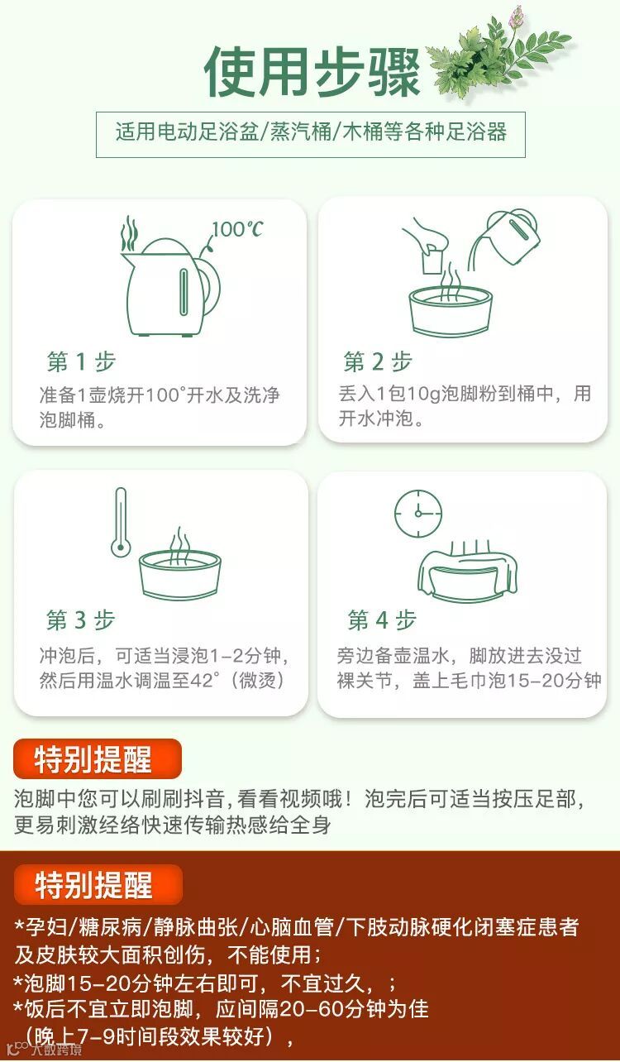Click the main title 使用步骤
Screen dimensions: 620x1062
click(312, 72)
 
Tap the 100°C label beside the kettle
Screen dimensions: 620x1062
click(236, 229)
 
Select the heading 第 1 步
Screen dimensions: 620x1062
click(81, 361)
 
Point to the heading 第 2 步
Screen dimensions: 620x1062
click(378, 361)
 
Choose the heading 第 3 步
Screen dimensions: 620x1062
click(80, 620)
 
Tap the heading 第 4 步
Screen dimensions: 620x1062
click(382, 620)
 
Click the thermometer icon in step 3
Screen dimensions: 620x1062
click(121, 523)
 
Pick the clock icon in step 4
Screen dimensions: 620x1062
click(418, 514)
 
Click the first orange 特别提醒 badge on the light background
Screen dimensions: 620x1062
click(98, 759)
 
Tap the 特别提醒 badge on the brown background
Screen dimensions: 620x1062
click(98, 885)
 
